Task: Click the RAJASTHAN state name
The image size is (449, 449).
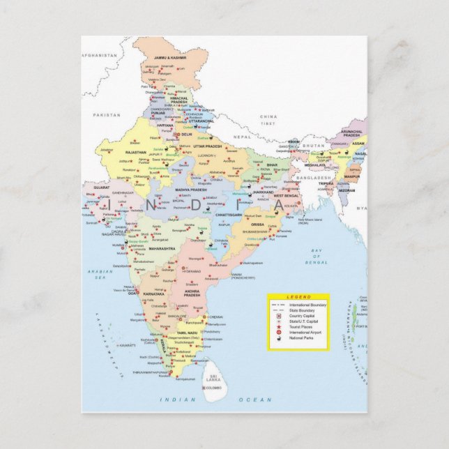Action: tap(135, 152)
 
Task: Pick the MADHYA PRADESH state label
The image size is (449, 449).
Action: tap(190, 190)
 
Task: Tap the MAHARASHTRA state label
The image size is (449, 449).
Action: tap(162, 248)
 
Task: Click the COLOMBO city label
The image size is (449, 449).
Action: tap(213, 387)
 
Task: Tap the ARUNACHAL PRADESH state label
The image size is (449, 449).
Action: tap(351, 132)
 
